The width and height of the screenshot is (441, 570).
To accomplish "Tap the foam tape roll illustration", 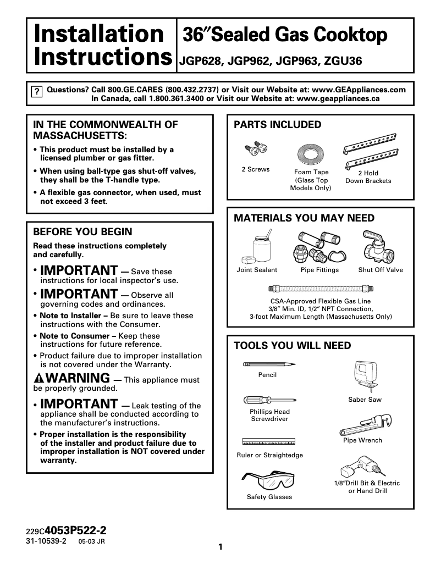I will [x=311, y=154].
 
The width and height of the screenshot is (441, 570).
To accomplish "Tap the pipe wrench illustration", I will [x=365, y=424].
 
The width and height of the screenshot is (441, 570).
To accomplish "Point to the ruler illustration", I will [x=269, y=441].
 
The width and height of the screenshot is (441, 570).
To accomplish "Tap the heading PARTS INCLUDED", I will [x=278, y=125].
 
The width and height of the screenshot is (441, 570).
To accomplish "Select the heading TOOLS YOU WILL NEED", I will [x=292, y=346].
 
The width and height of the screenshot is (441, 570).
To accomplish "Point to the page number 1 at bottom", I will [x=220, y=547].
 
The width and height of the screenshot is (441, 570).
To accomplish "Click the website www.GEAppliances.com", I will [x=359, y=90].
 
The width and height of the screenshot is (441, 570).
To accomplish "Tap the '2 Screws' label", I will [x=256, y=169].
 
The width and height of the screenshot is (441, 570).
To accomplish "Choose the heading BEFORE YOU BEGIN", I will [x=82, y=232].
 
